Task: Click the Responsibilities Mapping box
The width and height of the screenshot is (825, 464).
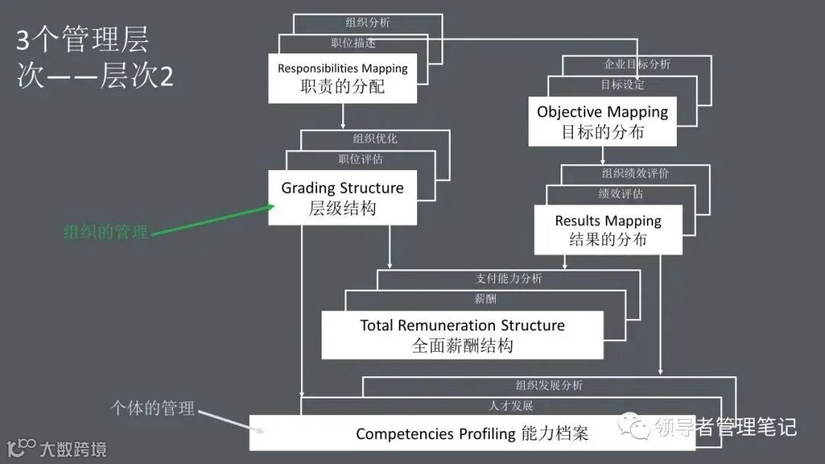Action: pos(342,78)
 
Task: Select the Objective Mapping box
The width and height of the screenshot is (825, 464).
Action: pos(602,121)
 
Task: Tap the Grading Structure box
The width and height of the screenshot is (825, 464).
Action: pos(342,198)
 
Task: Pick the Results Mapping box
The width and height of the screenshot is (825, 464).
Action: pos(607,230)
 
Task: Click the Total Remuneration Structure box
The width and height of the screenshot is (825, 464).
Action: pos(462,335)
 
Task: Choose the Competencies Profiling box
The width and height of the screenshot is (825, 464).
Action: pos(472,433)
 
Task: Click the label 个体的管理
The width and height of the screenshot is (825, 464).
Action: pos(153,408)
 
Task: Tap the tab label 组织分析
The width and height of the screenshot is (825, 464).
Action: pos(367,22)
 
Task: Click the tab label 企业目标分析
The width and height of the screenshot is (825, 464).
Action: pos(637,64)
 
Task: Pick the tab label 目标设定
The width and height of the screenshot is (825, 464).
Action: pos(622,85)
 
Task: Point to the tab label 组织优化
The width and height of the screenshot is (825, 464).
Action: pos(374,139)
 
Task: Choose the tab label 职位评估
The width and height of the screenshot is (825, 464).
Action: pos(361,159)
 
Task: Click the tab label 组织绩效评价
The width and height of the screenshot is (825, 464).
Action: pos(635,173)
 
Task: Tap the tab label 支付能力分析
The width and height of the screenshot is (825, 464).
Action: pos(508,279)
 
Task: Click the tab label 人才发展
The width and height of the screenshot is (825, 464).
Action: pos(510,405)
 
